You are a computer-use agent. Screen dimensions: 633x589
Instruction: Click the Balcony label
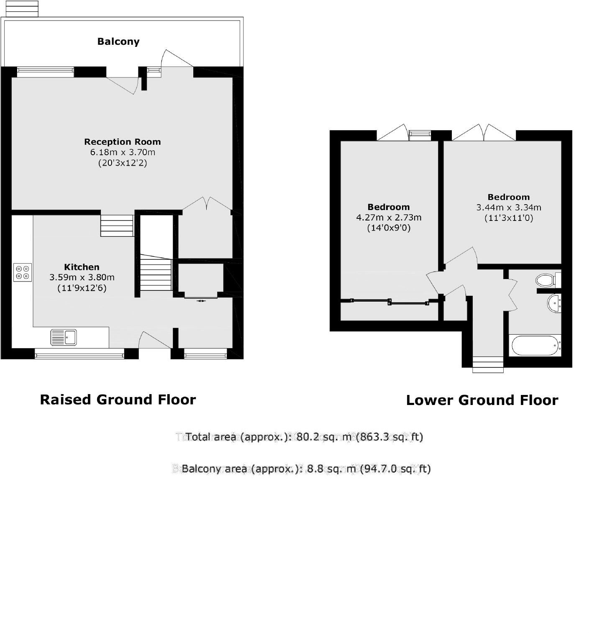pyautogui.click(x=118, y=41)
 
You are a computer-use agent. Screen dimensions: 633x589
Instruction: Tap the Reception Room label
pyautogui.click(x=123, y=142)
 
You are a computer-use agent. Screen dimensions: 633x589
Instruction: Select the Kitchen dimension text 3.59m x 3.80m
pyautogui.click(x=82, y=277)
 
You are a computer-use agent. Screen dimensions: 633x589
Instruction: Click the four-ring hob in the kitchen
pyautogui.click(x=23, y=272)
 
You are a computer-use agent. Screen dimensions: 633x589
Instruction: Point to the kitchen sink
pyautogui.click(x=64, y=337)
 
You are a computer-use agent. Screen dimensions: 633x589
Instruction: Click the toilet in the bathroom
pyautogui.click(x=547, y=280)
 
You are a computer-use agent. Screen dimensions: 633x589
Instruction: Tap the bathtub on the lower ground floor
pyautogui.click(x=535, y=345)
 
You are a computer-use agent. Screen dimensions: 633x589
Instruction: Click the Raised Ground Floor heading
pyautogui.click(x=118, y=400)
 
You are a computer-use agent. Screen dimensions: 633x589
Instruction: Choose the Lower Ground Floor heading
pyautogui.click(x=482, y=400)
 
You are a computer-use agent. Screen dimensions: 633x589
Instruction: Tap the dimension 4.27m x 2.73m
pyautogui.click(x=389, y=218)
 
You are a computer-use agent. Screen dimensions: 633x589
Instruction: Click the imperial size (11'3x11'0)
pyautogui.click(x=509, y=218)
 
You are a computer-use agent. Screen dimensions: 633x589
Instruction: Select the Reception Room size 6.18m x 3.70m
pyautogui.click(x=123, y=152)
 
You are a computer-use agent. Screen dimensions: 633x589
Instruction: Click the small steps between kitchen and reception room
pyautogui.click(x=117, y=226)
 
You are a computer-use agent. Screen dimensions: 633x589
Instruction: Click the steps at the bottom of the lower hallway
pyautogui.click(x=488, y=364)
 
